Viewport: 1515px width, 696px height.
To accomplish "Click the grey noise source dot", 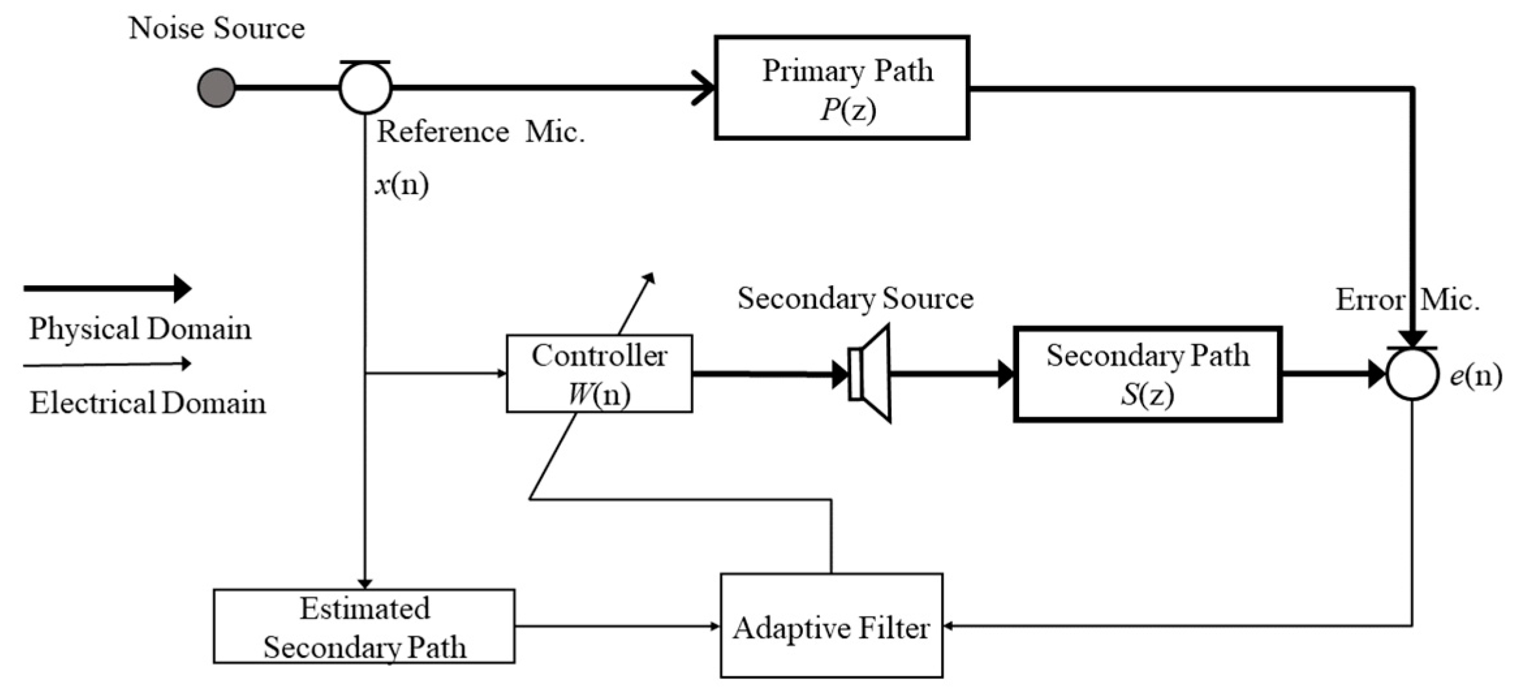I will click(216, 87).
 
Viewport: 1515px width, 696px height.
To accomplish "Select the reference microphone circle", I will click(365, 88).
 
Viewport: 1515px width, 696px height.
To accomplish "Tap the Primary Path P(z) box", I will click(842, 88).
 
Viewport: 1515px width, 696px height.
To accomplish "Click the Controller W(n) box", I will click(599, 374).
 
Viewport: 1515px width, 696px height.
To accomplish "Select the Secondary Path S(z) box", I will click(1147, 374).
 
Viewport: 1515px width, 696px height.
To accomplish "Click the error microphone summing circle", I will click(1412, 374).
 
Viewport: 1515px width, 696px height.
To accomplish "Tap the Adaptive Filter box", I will click(831, 626).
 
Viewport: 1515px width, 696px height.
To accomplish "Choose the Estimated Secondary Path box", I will click(364, 626).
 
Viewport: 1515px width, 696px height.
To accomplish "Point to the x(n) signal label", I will click(402, 185).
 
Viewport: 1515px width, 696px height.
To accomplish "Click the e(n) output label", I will click(1475, 376).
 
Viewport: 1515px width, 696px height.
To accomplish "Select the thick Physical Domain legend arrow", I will click(107, 288).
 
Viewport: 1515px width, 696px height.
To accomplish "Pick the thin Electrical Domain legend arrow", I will click(107, 365).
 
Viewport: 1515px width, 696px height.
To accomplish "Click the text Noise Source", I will click(217, 28).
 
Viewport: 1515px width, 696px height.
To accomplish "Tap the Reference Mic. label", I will click(480, 132).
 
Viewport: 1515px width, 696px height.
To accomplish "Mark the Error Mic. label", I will click(1407, 300).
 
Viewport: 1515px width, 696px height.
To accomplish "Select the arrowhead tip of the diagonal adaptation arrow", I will click(649, 277).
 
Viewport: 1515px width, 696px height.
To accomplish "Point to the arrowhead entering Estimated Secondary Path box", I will click(365, 583).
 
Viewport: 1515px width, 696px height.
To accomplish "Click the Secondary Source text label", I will click(855, 298).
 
